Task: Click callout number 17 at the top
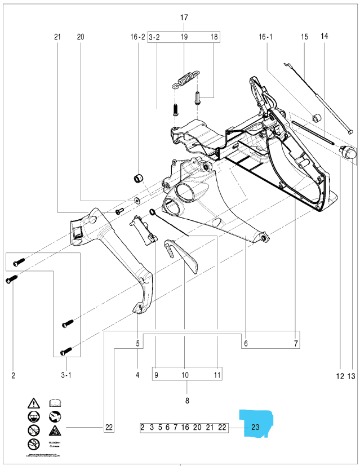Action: click(184, 17)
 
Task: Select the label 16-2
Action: click(138, 37)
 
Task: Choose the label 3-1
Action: click(66, 374)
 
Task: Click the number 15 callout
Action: click(304, 37)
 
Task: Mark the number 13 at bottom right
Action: click(353, 374)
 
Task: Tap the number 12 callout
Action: click(340, 374)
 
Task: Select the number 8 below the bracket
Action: click(187, 400)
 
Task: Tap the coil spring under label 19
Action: click(184, 79)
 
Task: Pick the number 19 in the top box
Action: click(184, 37)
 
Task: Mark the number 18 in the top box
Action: click(214, 37)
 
